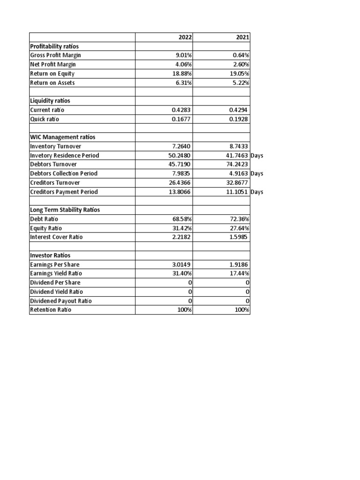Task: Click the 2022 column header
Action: [x=185, y=37]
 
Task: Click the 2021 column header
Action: [x=243, y=37]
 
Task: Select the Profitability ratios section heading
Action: [x=54, y=46]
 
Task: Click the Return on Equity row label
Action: [x=52, y=74]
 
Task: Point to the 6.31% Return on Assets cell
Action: [x=182, y=83]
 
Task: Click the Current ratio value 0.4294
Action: [x=239, y=110]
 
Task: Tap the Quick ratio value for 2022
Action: [x=181, y=119]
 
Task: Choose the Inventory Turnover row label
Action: [x=55, y=146]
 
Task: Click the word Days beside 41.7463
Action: [x=257, y=156]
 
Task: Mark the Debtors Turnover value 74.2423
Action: [x=237, y=165]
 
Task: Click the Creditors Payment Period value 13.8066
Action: [x=180, y=192]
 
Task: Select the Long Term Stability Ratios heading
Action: [x=65, y=210]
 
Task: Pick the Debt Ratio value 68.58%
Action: [x=182, y=219]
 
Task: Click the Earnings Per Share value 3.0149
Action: [x=181, y=264]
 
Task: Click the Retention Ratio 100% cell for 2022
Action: [x=184, y=310]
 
